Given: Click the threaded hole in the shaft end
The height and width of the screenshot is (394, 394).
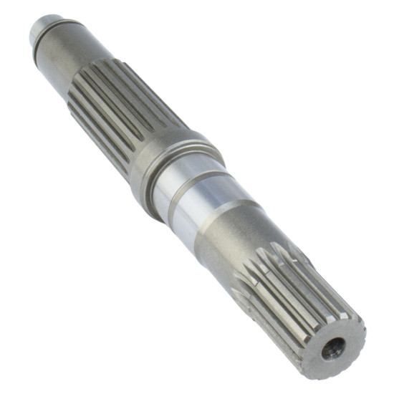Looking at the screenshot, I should coord(333,349).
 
